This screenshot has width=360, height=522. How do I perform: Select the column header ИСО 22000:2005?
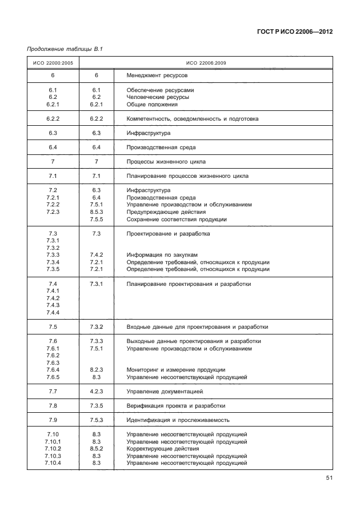tap(53, 63)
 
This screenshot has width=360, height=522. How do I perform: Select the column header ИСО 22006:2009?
tap(206, 63)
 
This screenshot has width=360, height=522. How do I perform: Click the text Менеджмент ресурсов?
tap(157, 75)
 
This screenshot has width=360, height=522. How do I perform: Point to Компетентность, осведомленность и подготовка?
tap(193, 119)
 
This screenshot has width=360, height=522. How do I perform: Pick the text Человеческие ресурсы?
tap(158, 97)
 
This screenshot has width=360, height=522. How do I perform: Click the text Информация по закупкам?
tap(162, 255)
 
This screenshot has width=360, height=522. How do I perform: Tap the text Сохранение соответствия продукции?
tap(177, 220)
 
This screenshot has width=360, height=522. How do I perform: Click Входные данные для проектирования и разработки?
tap(197, 327)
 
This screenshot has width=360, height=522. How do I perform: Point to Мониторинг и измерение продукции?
tap(175, 370)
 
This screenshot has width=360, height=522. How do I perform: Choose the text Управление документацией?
tap(165, 392)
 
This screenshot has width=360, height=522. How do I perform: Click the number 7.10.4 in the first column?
tap(53, 463)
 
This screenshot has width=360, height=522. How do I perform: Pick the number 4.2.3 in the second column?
tap(96, 392)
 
